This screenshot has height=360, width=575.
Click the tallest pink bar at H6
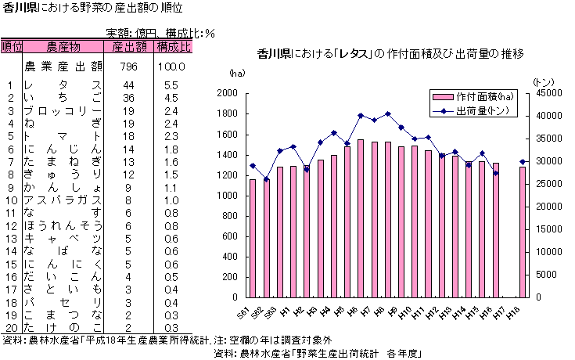point(361,218)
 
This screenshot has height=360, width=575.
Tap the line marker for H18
point(523,162)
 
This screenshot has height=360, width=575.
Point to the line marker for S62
point(267,179)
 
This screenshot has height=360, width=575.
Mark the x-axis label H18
point(514,311)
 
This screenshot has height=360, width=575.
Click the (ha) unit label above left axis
point(236,73)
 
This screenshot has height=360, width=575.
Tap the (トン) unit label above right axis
point(542,81)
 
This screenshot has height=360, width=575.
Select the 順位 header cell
point(12,47)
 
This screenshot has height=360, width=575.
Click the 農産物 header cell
point(63,47)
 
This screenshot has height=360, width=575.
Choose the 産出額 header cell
point(128,47)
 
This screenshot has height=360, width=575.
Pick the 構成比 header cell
point(173,47)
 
